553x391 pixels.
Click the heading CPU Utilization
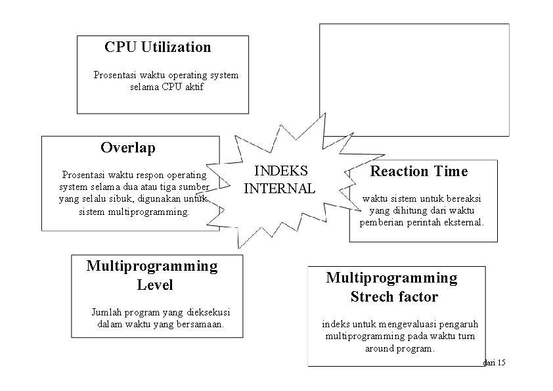pyautogui.click(x=158, y=47)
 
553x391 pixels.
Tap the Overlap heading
pyautogui.click(x=128, y=148)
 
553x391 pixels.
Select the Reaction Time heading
pyautogui.click(x=419, y=172)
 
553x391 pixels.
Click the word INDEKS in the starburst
pyautogui.click(x=281, y=171)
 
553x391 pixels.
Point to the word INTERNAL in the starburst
pyautogui.click(x=279, y=188)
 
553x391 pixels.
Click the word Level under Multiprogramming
pyautogui.click(x=155, y=285)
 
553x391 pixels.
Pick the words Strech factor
pyautogui.click(x=394, y=297)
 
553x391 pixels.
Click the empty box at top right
pyautogui.click(x=414, y=79)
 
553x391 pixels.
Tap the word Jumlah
pyautogui.click(x=105, y=312)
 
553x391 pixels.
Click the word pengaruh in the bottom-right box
pyautogui.click(x=458, y=325)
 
